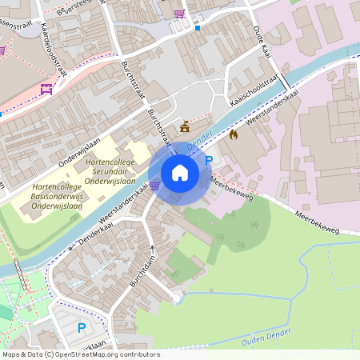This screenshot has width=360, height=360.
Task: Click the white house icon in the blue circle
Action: click(180, 172)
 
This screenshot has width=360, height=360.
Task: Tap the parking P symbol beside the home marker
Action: click(210, 161)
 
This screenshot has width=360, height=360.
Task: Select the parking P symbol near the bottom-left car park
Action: click(81, 327)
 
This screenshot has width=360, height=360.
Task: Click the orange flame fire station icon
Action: click(234, 134)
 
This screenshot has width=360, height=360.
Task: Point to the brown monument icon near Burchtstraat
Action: click(186, 126)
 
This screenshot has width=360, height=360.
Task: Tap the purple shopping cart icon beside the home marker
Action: click(154, 186)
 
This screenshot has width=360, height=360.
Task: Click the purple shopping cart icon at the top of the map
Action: click(179, 14)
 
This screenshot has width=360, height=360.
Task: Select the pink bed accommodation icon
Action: click(46, 89)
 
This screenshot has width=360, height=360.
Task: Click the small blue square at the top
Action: click(198, 27)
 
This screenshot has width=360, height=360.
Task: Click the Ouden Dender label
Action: click(266, 340)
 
